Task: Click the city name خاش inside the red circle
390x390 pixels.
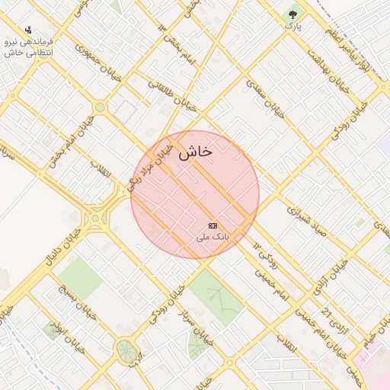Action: (195, 152)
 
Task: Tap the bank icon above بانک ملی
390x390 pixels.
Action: (213, 226)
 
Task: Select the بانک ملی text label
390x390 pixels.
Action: (213, 238)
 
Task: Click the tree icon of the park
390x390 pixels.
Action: (293, 14)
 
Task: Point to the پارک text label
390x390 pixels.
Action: (293, 26)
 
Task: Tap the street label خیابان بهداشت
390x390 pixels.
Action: (328, 69)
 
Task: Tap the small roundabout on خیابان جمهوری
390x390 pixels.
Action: (100, 107)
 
